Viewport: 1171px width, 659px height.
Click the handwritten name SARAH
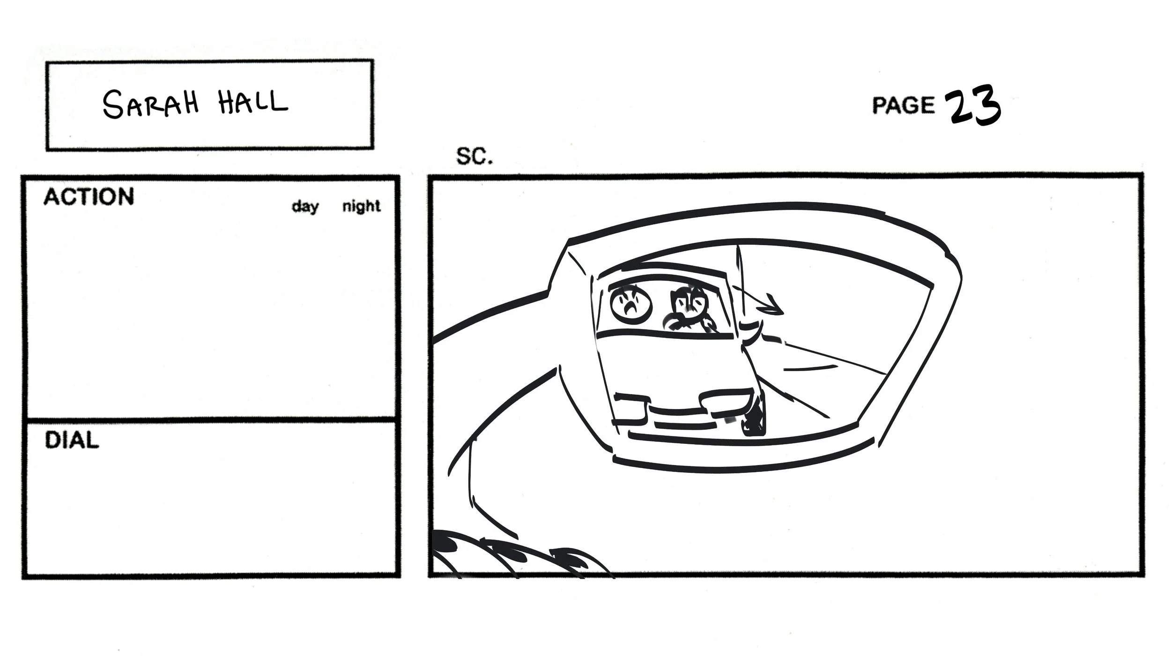(150, 104)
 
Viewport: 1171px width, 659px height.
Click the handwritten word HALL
(252, 103)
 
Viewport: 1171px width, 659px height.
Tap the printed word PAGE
(903, 105)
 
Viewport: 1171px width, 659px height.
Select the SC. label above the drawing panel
(474, 157)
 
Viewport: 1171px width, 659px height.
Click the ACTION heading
(89, 197)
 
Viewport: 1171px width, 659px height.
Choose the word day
(305, 206)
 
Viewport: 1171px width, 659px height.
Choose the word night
(361, 206)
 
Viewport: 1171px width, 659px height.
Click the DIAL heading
(72, 441)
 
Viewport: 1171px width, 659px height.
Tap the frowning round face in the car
(631, 305)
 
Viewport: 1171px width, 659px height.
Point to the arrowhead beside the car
(773, 307)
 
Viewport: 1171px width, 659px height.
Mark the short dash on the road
(809, 368)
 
